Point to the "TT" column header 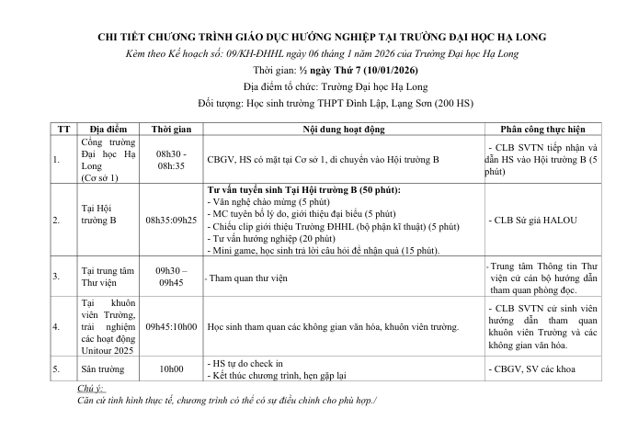62,129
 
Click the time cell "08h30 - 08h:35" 170,159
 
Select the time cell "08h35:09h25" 170,221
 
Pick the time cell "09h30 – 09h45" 170,275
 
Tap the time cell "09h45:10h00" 170,326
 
